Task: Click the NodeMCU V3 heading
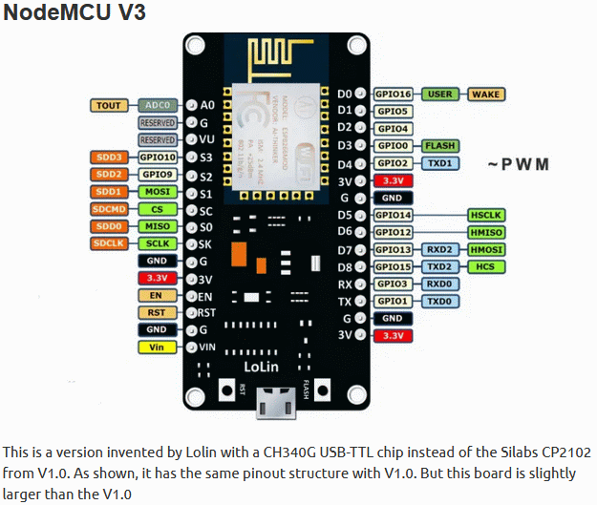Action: (x=75, y=16)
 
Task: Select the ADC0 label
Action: (x=157, y=105)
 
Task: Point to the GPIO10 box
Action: (x=157, y=158)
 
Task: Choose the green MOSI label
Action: (x=157, y=192)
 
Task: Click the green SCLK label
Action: (x=157, y=243)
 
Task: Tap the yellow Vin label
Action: (x=157, y=347)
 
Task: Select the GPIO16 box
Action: (x=393, y=95)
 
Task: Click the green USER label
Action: (x=439, y=95)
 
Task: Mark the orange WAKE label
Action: (x=486, y=95)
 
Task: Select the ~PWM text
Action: (x=519, y=164)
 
